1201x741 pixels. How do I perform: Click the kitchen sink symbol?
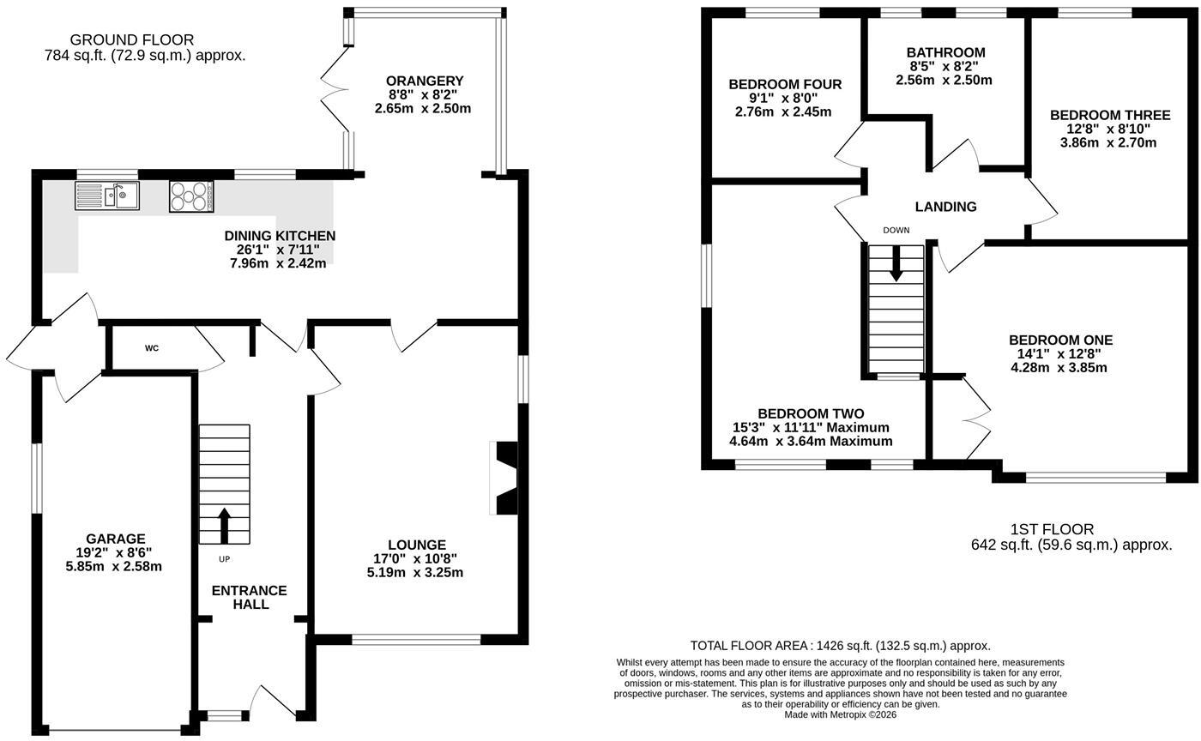(x=107, y=196)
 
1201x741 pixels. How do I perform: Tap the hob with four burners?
(x=191, y=196)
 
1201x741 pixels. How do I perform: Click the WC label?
(x=152, y=348)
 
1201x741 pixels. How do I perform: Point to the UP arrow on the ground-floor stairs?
(x=224, y=526)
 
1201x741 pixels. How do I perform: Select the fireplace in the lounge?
(x=504, y=479)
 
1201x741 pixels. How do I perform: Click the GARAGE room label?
(x=115, y=539)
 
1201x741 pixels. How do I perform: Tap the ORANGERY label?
(x=425, y=81)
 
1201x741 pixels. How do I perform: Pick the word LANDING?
(x=945, y=207)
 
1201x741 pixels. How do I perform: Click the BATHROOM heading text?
(x=945, y=52)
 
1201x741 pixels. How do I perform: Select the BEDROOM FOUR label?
(x=785, y=84)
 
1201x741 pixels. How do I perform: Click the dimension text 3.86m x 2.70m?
(x=1108, y=142)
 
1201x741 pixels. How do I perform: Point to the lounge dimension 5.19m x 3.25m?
(x=415, y=572)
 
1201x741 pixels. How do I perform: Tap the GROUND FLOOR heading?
(x=132, y=39)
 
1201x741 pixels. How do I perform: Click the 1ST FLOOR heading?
(x=1052, y=530)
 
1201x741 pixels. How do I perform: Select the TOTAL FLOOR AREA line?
(x=840, y=646)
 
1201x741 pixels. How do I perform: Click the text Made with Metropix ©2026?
(x=840, y=714)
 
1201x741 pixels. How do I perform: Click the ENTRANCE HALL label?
(x=250, y=597)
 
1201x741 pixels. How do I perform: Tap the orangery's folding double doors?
(x=335, y=89)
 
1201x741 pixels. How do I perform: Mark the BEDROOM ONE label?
(x=1060, y=340)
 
